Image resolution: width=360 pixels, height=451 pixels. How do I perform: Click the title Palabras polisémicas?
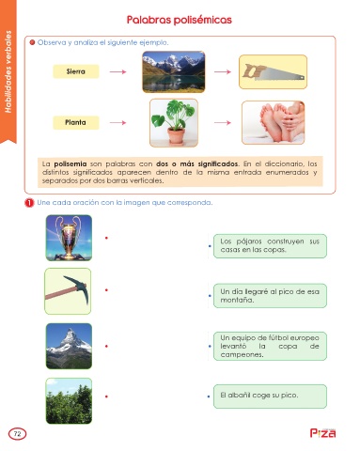(x=179, y=20)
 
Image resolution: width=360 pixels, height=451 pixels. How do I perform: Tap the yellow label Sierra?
(x=76, y=71)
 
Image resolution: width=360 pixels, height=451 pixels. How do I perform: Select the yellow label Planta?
(x=76, y=122)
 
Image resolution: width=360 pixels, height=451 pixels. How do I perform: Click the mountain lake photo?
(x=174, y=72)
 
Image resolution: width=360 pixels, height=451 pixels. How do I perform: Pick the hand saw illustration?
(x=273, y=72)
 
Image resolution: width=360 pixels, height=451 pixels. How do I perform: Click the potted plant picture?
(x=174, y=123)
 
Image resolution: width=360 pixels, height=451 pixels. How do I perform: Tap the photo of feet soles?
(x=274, y=122)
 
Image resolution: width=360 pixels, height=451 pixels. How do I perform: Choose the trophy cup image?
(x=69, y=238)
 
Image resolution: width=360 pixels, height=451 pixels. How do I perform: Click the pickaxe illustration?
(x=68, y=291)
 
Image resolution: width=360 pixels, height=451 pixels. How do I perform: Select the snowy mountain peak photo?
(x=69, y=346)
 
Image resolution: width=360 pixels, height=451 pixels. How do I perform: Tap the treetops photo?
(x=69, y=401)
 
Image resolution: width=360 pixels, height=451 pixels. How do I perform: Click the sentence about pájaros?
(x=270, y=246)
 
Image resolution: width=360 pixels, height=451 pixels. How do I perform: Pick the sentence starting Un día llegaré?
(x=270, y=296)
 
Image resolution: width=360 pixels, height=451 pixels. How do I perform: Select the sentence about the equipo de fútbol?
(x=270, y=346)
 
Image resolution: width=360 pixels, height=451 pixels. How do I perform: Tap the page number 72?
(x=18, y=434)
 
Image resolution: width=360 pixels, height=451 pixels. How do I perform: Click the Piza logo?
(x=322, y=433)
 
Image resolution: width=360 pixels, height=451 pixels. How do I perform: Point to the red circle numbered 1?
(x=29, y=203)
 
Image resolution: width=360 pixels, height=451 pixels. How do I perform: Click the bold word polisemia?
(x=70, y=163)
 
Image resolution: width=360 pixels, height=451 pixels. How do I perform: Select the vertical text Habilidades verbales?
(x=8, y=71)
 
